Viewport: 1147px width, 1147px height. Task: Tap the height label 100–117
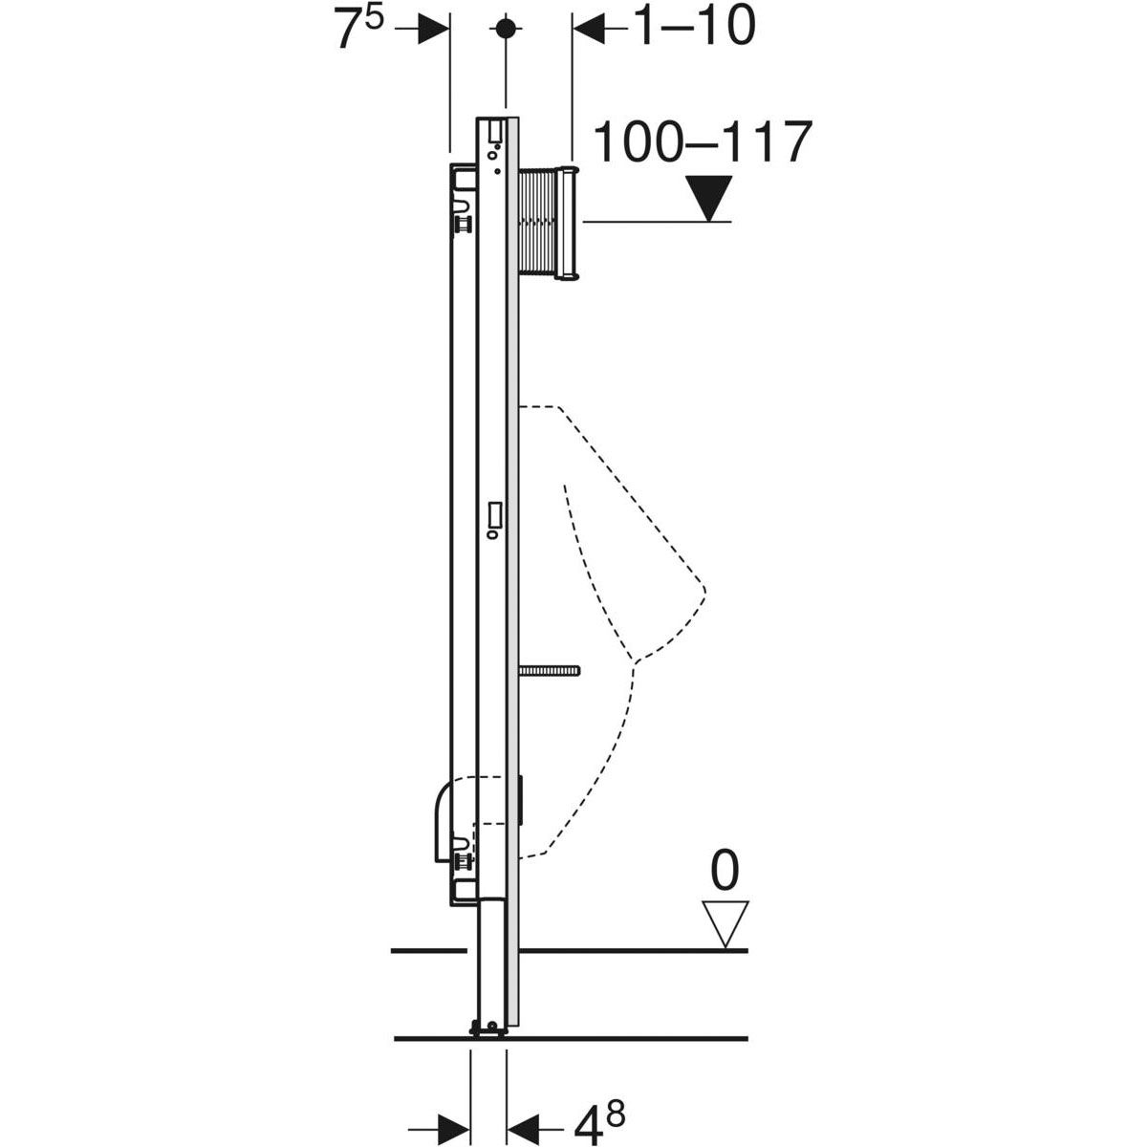click(x=703, y=142)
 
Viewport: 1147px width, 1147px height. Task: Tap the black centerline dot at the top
click(x=506, y=28)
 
